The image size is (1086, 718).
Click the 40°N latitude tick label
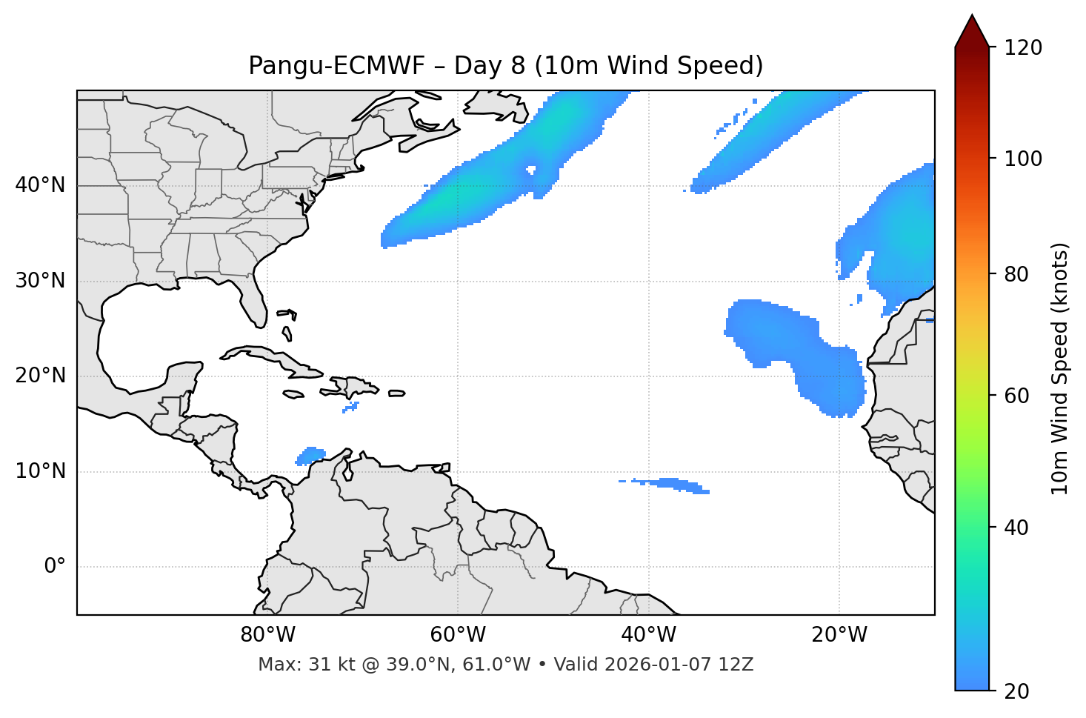click(x=40, y=185)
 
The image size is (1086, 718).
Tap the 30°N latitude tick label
click(x=40, y=281)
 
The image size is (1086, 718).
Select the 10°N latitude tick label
click(x=40, y=471)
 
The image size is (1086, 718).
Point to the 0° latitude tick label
click(x=55, y=567)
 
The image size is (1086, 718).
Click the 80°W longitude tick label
click(x=267, y=635)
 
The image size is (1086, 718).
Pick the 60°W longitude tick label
click(x=458, y=635)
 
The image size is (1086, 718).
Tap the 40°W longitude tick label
click(x=648, y=635)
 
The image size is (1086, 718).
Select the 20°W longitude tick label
click(x=839, y=635)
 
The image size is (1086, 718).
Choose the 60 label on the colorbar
click(x=1017, y=396)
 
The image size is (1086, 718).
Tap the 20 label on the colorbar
click(x=1017, y=691)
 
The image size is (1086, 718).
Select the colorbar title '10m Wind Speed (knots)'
click(x=1060, y=369)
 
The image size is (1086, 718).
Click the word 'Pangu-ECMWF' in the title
click(x=336, y=66)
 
